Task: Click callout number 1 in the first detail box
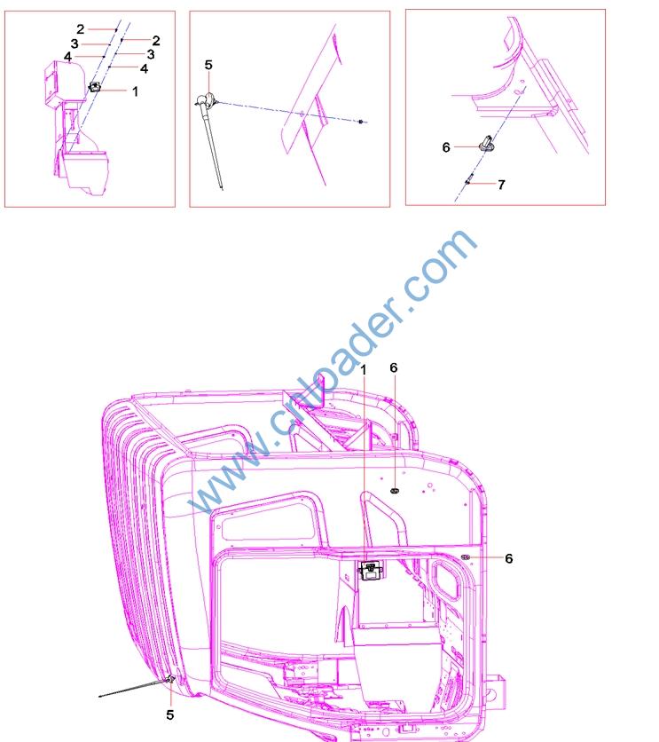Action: [135, 91]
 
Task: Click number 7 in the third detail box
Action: [502, 185]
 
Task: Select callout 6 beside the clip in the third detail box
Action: [446, 147]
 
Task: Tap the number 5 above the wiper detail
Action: [208, 65]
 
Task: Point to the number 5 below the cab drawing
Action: [170, 714]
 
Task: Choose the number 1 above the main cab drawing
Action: [363, 370]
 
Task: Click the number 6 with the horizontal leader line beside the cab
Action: [509, 558]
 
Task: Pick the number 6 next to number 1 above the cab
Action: [394, 367]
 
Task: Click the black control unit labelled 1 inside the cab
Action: [370, 570]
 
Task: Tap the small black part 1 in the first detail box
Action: [95, 87]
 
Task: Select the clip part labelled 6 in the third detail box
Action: [486, 143]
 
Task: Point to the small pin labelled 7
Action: [468, 181]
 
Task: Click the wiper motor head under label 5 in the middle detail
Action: [206, 100]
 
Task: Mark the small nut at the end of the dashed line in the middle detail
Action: [361, 122]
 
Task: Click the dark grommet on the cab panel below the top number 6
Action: [395, 491]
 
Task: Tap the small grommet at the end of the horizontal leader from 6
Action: [466, 557]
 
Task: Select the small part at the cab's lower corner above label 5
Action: [170, 680]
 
